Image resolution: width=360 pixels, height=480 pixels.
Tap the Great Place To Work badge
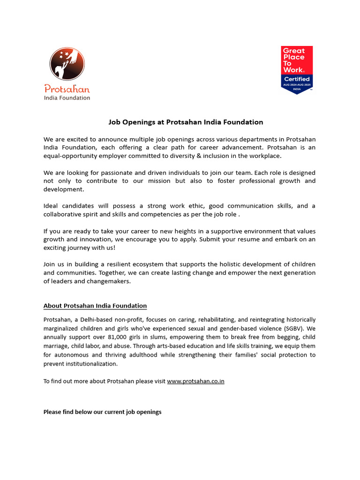tap(297, 69)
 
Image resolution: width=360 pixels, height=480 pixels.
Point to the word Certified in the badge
tap(297, 79)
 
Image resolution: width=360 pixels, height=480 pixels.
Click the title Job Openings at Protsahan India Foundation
tap(186, 122)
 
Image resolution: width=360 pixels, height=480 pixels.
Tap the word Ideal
tap(52, 206)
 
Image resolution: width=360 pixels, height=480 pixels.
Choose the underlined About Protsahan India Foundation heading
tap(95, 306)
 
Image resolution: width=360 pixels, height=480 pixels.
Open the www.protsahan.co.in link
tap(195, 381)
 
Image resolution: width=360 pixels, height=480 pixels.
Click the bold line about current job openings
tap(102, 412)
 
